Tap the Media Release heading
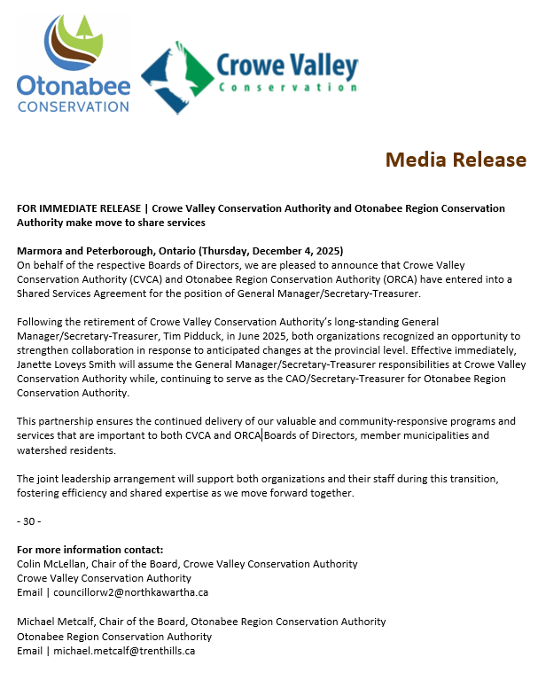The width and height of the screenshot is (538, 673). tap(455, 160)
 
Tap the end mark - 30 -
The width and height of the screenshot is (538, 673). tap(29, 520)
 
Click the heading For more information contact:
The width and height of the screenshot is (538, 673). tap(90, 550)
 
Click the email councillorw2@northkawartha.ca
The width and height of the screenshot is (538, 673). tap(130, 592)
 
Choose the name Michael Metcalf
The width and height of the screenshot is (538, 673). tap(57, 622)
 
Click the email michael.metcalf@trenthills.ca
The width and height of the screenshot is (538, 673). tap(124, 651)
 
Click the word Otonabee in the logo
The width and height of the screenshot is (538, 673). tap(74, 87)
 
